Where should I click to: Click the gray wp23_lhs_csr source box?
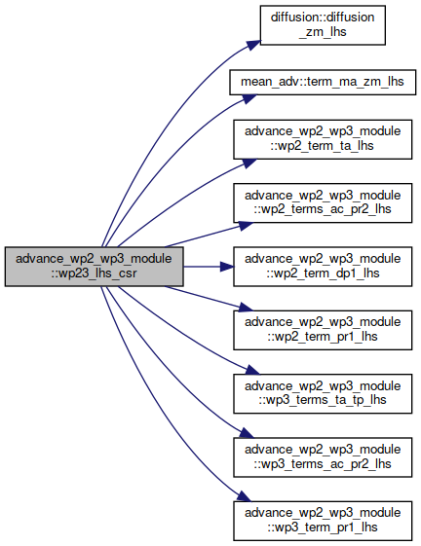[94, 267]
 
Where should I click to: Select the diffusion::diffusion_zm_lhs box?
[323, 25]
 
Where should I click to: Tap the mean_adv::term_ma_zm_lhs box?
[323, 82]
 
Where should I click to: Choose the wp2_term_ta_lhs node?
[323, 139]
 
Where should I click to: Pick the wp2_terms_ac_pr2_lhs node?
[323, 203]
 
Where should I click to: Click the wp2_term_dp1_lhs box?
[323, 267]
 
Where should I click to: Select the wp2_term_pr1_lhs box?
[323, 330]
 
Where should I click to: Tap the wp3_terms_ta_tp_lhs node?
[323, 394]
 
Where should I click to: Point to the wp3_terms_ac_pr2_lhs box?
[323, 457]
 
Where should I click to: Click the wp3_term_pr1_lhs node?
[323, 521]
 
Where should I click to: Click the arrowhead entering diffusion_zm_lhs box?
[254, 45]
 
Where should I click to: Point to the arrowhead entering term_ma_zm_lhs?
[249, 98]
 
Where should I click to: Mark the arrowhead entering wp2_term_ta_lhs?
[249, 164]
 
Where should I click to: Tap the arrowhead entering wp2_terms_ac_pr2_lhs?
[246, 226]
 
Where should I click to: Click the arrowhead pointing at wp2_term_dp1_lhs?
[227, 267]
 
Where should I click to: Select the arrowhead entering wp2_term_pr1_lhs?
[246, 308]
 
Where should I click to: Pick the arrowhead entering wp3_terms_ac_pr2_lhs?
[247, 433]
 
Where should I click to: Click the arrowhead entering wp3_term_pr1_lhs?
[245, 496]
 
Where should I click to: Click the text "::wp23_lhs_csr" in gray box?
[94, 273]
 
